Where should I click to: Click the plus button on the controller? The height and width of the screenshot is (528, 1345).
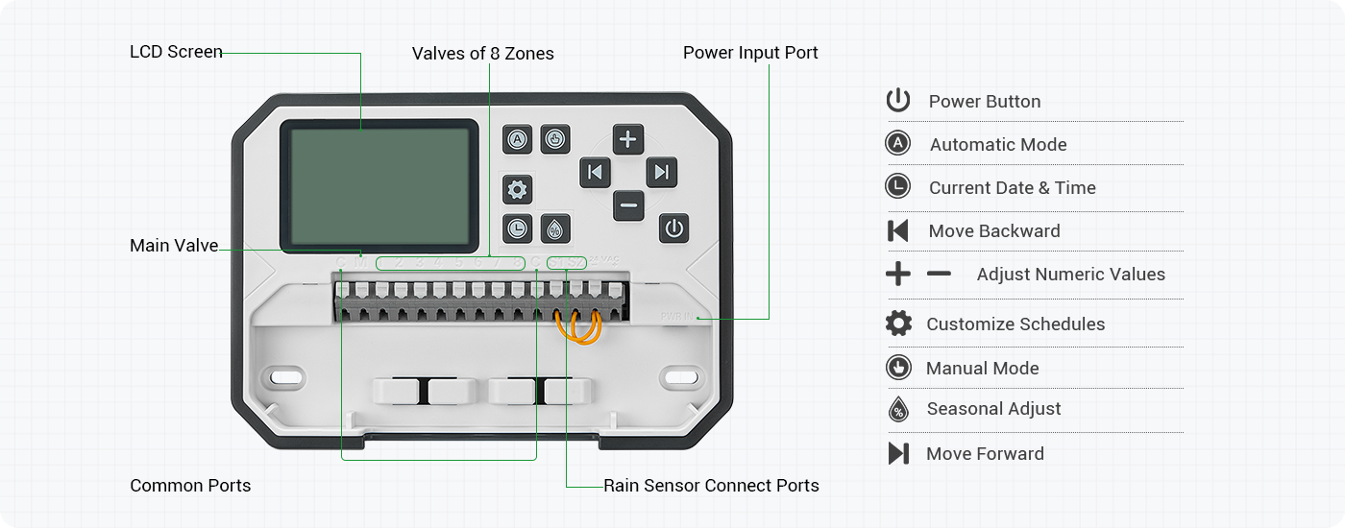point(627,139)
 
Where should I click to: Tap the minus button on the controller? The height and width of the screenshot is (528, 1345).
point(628,204)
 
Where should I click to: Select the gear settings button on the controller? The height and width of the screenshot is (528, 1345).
point(517,190)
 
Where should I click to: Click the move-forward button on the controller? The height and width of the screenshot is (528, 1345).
point(661,173)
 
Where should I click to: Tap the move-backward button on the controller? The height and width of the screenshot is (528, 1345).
point(595,173)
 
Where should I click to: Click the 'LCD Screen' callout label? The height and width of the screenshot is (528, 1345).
point(176,52)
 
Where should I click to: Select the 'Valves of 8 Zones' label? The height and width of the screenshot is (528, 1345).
point(483,54)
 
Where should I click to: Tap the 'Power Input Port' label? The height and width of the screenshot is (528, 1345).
point(750,53)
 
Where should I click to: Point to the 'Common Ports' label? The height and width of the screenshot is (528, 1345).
point(190,486)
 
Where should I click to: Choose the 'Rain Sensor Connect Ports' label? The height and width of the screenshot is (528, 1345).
point(711,486)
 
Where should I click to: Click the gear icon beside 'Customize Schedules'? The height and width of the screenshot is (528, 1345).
point(898,324)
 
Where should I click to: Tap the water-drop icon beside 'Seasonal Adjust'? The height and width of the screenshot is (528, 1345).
point(898,409)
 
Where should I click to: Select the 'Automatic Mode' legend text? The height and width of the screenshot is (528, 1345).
point(997,145)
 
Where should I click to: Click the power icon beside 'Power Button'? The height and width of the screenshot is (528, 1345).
point(898,101)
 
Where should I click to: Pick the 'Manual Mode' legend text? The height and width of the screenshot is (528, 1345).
point(982,369)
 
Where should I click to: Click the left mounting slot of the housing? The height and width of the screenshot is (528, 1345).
point(284,377)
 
